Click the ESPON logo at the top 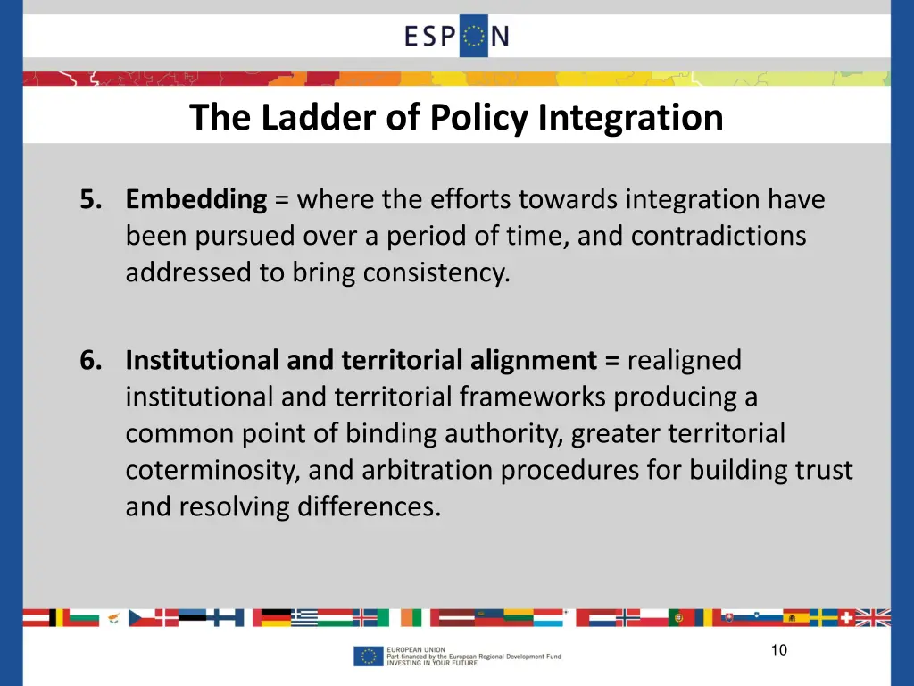[457, 37]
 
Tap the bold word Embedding [196, 199]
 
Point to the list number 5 [89, 199]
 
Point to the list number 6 [89, 360]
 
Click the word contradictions [718, 236]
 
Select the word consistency [436, 272]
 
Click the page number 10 [779, 650]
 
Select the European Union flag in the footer [368, 657]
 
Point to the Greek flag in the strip [304, 617]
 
